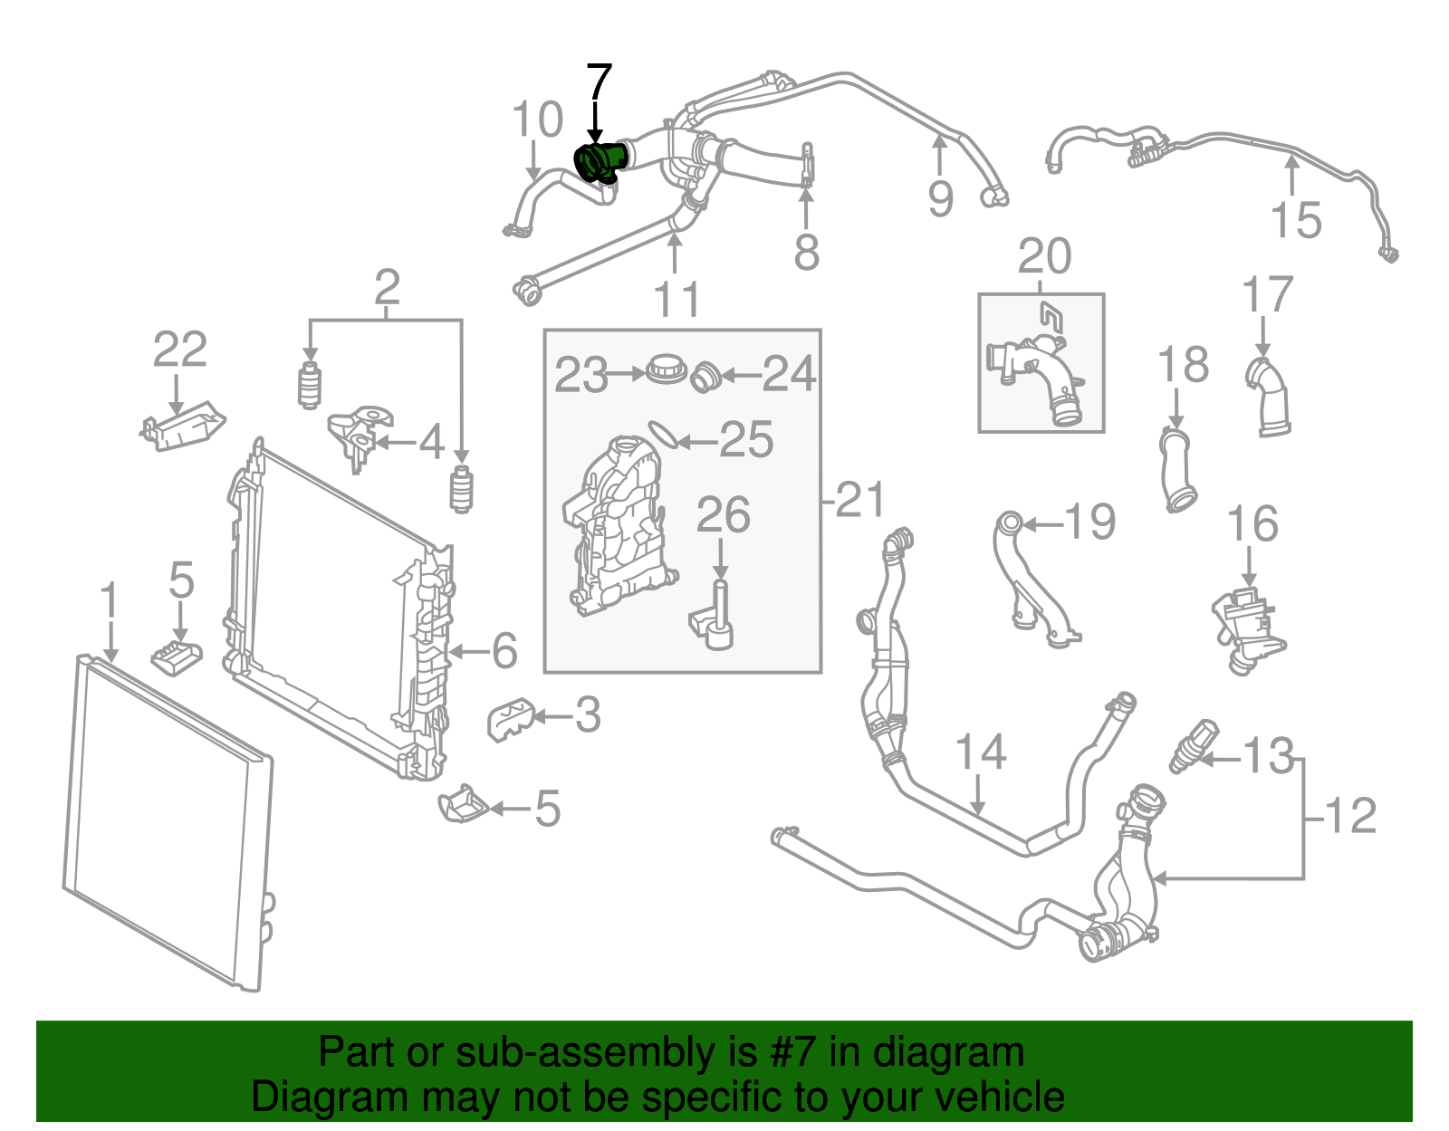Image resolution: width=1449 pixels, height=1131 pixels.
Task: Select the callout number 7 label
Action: point(599,83)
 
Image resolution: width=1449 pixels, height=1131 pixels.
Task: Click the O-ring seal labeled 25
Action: point(664,435)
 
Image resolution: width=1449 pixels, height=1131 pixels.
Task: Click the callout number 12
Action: point(1351,816)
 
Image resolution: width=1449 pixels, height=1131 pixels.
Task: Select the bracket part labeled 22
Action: point(184,427)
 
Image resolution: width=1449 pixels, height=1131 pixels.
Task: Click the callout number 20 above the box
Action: point(1044,257)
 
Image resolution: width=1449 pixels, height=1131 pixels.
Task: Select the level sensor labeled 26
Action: point(718,617)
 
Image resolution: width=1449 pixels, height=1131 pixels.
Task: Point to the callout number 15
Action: point(1296,220)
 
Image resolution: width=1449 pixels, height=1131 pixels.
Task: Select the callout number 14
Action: point(981,752)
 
